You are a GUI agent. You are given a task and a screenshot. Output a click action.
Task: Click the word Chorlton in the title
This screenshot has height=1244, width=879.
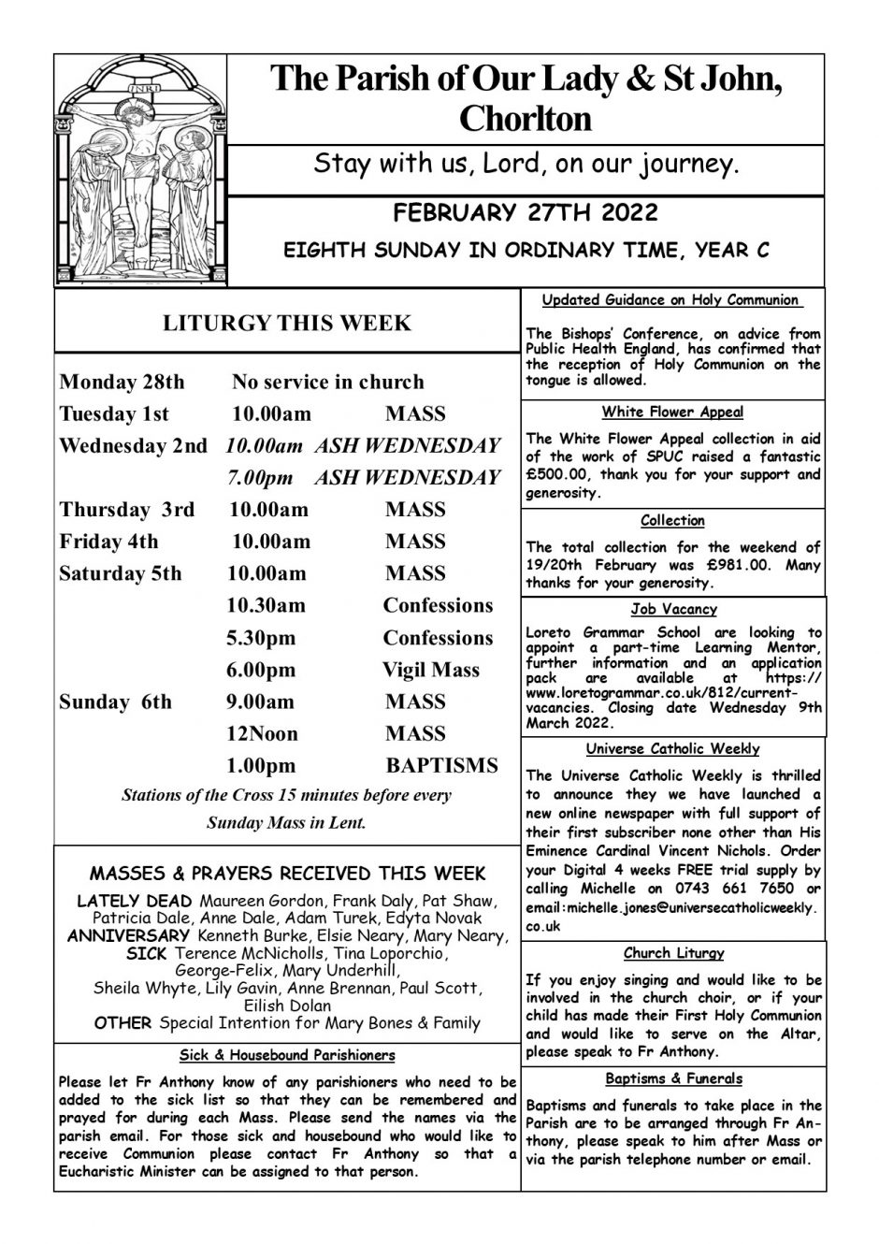[x=526, y=119]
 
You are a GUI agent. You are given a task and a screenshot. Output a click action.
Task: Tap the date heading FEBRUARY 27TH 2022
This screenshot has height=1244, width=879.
[x=526, y=212]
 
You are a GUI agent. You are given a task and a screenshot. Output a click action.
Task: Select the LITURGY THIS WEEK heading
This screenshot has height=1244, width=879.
[x=286, y=324]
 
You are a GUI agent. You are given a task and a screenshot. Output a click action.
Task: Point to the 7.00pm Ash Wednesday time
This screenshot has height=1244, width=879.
[x=259, y=478]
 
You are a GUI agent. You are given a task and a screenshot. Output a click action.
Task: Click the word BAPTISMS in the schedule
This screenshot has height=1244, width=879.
[x=441, y=766]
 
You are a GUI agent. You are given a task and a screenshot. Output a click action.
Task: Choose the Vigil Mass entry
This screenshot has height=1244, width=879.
[x=430, y=670]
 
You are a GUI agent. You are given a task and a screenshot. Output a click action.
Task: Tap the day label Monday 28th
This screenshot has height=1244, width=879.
[x=122, y=383]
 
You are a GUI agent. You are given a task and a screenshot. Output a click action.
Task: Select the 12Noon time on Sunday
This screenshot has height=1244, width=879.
[x=256, y=734]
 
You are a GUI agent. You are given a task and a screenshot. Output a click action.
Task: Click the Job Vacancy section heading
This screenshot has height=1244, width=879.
[x=673, y=610]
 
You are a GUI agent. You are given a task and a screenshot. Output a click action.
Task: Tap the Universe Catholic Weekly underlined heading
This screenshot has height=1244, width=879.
[x=672, y=749]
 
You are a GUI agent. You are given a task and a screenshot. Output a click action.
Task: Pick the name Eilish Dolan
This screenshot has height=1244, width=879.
[x=287, y=1005]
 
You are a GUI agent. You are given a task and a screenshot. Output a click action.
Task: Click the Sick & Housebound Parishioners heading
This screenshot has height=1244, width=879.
[x=287, y=1055]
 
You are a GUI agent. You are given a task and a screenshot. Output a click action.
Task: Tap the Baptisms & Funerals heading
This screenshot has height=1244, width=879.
[x=673, y=1078]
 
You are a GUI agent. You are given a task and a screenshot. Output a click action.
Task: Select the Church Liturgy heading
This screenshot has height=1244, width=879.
[x=673, y=954]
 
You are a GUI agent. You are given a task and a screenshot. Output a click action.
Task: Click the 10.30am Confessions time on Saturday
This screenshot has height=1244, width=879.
[x=266, y=606]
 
